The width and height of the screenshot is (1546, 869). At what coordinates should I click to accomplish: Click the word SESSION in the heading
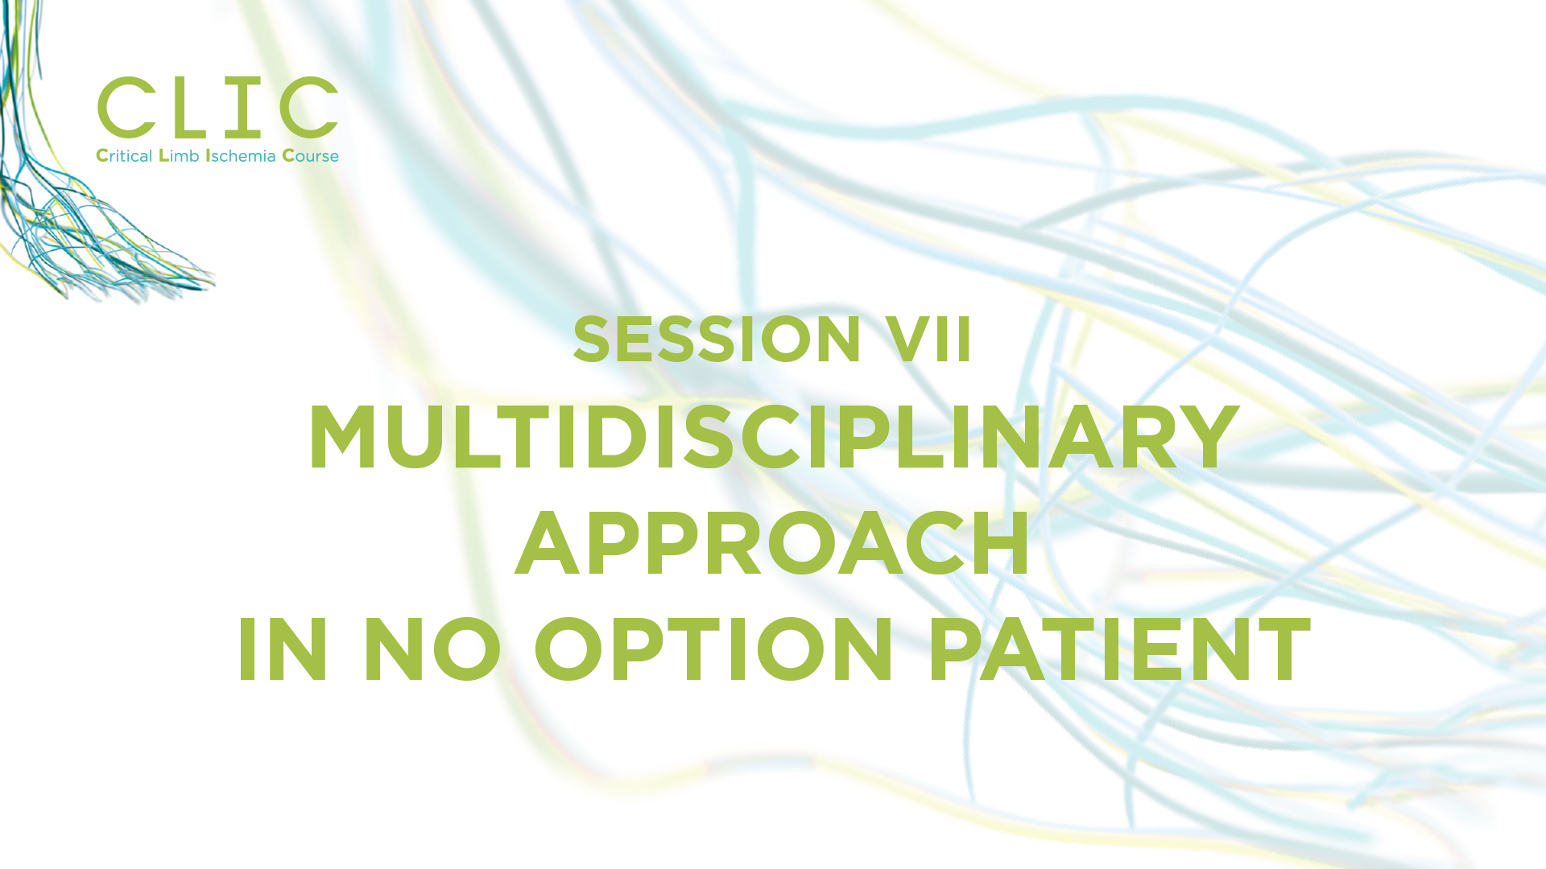tap(717, 339)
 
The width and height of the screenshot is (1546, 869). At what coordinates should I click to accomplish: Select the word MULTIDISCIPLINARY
tap(774, 437)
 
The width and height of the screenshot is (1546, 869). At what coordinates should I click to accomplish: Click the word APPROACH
tap(772, 543)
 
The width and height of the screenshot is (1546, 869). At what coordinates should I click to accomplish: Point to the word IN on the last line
tap(283, 649)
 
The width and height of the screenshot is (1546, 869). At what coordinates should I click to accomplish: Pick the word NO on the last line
tap(432, 649)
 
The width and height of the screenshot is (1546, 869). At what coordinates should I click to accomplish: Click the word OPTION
tap(714, 649)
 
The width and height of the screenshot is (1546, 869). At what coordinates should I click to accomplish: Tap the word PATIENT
tap(1120, 649)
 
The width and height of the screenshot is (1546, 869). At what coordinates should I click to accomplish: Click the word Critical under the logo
tap(124, 155)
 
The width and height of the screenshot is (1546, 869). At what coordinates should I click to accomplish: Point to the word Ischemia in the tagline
tap(241, 155)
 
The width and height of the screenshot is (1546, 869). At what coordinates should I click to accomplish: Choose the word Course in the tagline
tap(310, 155)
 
